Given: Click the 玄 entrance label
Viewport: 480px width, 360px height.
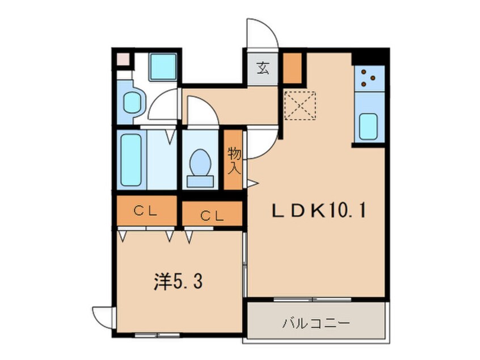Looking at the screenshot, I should tap(263, 69).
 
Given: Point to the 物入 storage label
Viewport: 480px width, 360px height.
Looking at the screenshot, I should tap(234, 160).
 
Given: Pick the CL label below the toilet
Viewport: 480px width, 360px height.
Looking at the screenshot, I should tap(212, 215).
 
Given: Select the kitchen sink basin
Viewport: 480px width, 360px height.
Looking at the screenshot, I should tap(369, 125).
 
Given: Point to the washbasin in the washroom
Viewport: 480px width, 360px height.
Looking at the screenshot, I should tap(132, 102).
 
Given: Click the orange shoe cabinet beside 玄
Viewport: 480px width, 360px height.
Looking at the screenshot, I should tap(292, 68).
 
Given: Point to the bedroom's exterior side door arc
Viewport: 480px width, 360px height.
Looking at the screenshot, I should tap(104, 315).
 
